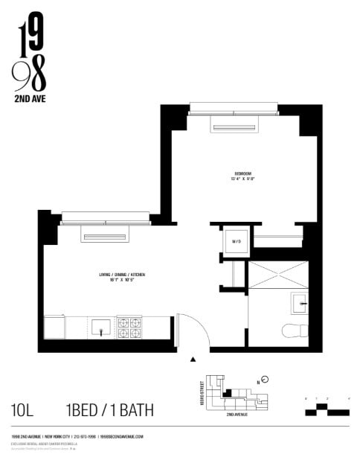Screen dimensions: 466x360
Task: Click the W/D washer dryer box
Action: [237, 242]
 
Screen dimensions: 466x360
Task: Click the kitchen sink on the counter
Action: [100, 326]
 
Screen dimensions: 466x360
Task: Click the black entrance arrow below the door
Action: [193, 359]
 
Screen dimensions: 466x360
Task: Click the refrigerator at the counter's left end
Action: [54, 327]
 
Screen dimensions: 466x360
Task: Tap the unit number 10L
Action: [24, 409]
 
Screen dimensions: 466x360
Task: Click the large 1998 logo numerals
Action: [30, 52]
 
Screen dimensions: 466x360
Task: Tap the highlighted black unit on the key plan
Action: [228, 392]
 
